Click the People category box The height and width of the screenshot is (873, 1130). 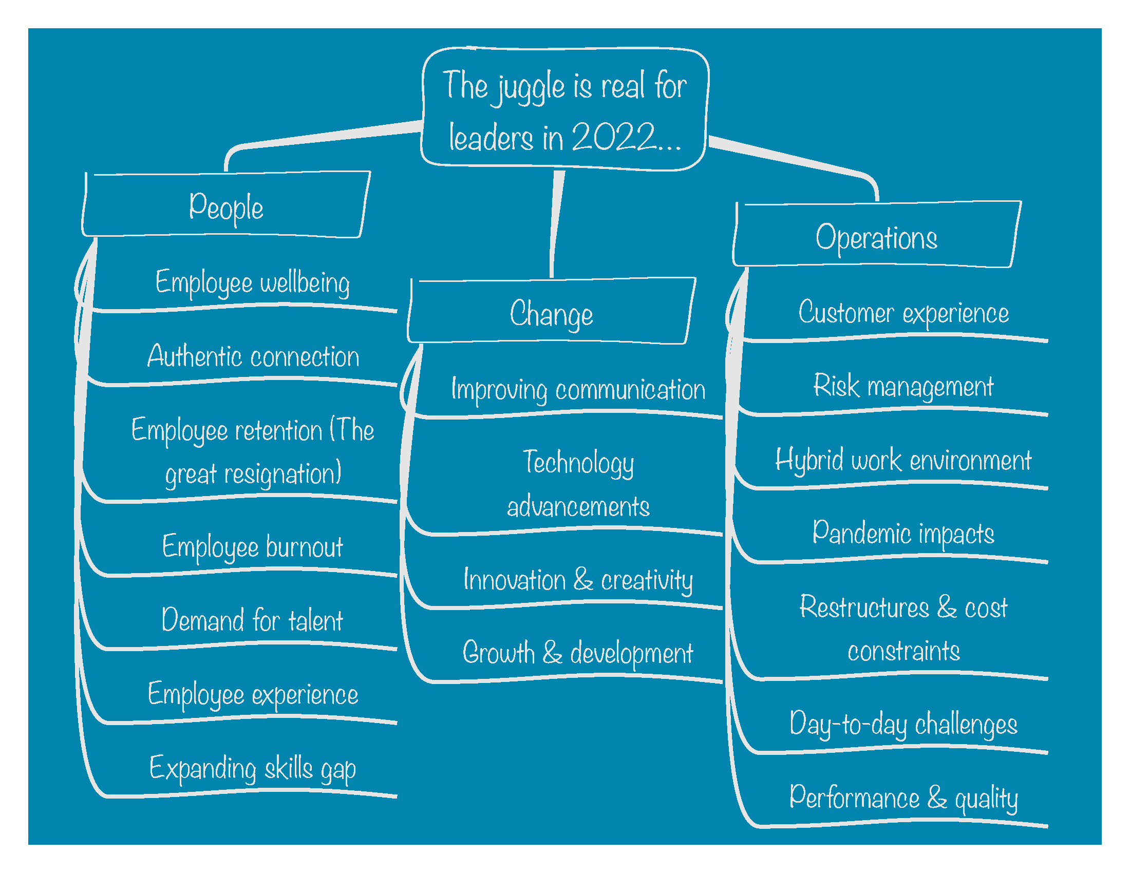(x=226, y=206)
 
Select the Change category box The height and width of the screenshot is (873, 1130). (x=552, y=312)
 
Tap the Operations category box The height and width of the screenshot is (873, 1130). (x=876, y=237)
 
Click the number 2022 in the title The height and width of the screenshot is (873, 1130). (x=614, y=137)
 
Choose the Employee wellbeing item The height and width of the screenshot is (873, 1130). (x=253, y=283)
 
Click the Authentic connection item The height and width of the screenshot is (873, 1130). (x=253, y=356)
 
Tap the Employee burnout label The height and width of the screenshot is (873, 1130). (x=253, y=547)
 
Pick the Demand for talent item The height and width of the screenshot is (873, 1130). (x=252, y=620)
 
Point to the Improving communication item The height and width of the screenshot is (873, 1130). (x=578, y=389)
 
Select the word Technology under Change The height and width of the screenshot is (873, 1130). (x=578, y=462)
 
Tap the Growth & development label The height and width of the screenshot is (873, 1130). (x=577, y=653)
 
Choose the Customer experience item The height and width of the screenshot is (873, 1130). (x=903, y=313)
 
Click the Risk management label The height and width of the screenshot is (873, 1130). (x=903, y=386)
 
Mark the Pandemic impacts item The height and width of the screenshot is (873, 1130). (x=903, y=533)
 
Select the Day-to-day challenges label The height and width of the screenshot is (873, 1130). (x=903, y=724)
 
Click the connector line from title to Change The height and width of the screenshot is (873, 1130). (x=556, y=222)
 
